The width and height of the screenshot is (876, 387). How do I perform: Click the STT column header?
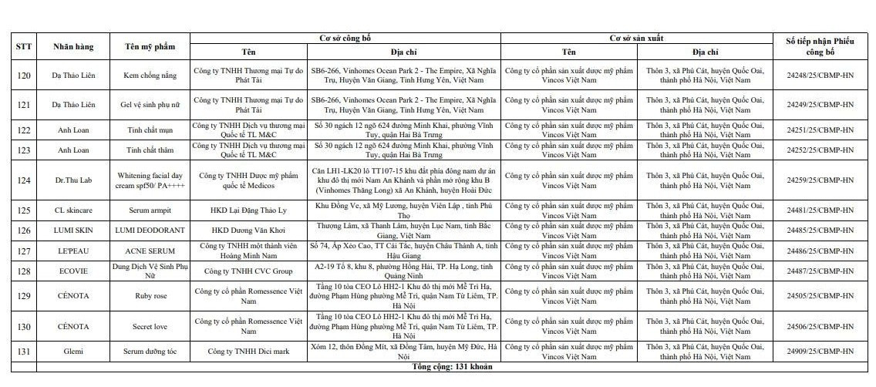(23, 46)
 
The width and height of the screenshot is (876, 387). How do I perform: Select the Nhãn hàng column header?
(73, 46)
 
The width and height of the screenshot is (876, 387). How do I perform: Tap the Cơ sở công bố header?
(345, 37)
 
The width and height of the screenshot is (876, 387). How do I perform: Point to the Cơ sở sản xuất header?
(637, 37)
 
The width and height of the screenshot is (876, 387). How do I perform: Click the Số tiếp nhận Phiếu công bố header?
(820, 46)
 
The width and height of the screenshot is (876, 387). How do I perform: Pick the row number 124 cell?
(23, 180)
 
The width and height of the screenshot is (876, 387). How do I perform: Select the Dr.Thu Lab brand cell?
(73, 180)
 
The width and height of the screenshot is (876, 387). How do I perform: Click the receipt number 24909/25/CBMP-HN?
(820, 352)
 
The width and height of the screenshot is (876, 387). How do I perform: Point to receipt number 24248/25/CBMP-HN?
(820, 75)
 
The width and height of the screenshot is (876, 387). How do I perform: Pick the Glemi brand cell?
(73, 352)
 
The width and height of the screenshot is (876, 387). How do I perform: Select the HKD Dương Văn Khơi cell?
(248, 230)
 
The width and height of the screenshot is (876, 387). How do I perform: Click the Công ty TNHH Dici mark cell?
(248, 352)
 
